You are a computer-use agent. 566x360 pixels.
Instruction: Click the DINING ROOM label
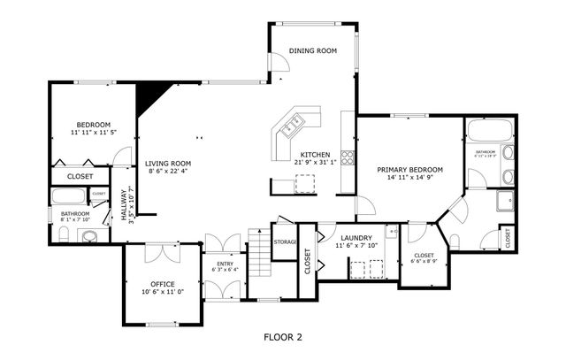(313, 51)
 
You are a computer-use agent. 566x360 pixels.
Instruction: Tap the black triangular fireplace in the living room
(149, 96)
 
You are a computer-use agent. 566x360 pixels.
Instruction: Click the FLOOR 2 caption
(283, 337)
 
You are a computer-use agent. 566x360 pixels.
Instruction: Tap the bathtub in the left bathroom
(70, 197)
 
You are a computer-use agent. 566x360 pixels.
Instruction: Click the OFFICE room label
(162, 284)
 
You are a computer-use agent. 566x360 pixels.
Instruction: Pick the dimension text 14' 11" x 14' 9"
(409, 178)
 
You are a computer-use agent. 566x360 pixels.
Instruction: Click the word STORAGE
(285, 241)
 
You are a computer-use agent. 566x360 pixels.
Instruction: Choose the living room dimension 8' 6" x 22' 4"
(168, 172)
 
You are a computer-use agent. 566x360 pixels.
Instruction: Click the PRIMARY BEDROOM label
(409, 169)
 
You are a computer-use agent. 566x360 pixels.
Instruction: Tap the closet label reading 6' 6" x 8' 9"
(424, 261)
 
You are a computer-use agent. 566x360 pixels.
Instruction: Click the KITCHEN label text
(315, 154)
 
